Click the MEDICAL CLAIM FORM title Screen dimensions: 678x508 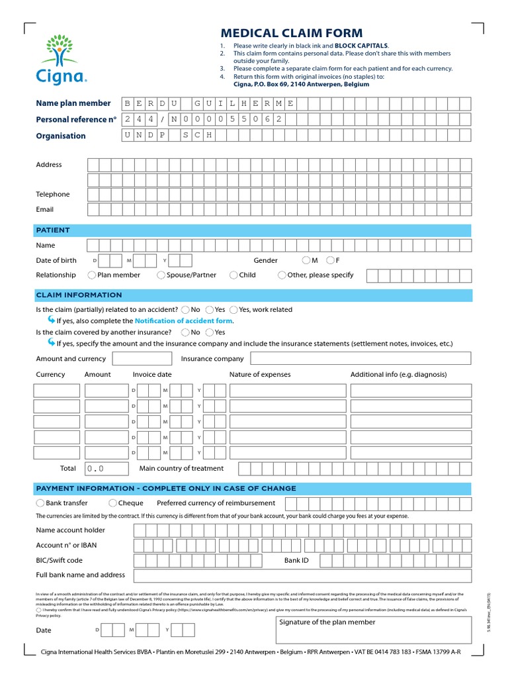[x=291, y=33]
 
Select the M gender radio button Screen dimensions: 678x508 [x=306, y=260]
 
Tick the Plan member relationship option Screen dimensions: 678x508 [x=92, y=275]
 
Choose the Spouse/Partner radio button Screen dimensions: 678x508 [x=161, y=275]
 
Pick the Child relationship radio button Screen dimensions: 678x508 [x=233, y=275]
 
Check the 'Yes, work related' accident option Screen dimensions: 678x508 [x=233, y=309]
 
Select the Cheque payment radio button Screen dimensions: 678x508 [x=112, y=503]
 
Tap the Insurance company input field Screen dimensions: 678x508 [x=360, y=358]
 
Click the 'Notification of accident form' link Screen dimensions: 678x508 [x=183, y=320]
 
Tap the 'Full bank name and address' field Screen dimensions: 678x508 [x=302, y=575]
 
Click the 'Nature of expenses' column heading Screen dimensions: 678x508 [x=259, y=374]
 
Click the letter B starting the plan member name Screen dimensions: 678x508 [x=128, y=103]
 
